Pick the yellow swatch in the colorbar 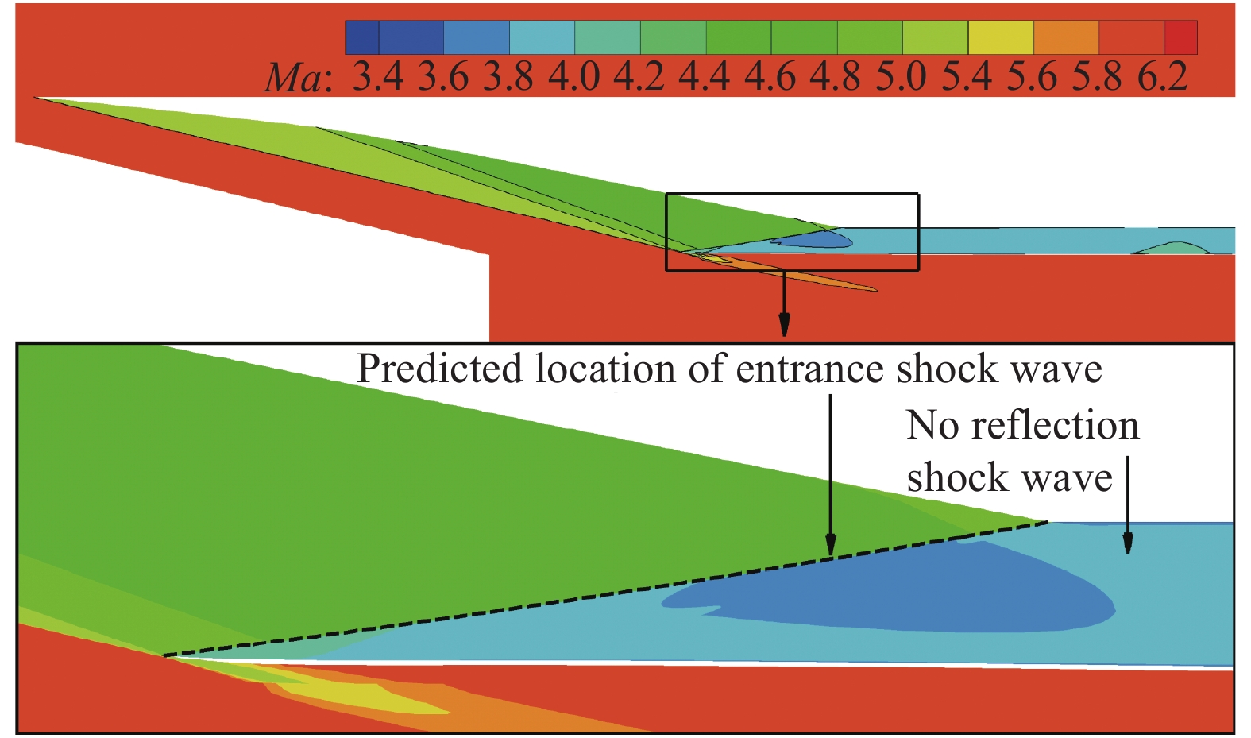tap(1000, 37)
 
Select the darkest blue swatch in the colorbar tap(362, 37)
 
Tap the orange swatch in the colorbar tap(1065, 37)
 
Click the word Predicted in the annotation tap(439, 369)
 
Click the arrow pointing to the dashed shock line tap(831, 477)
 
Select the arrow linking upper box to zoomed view tap(784, 306)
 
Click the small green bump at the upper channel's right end tap(1172, 248)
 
